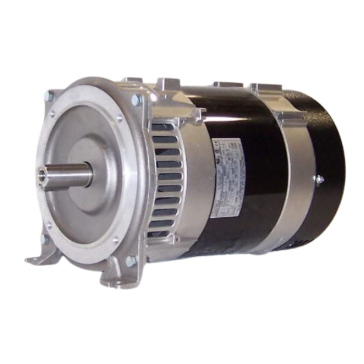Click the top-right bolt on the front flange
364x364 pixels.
(x=136, y=98)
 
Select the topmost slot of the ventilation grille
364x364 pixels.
(x=164, y=127)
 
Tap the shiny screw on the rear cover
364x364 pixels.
(x=318, y=180)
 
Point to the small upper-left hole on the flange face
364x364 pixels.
(x=52, y=114)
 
